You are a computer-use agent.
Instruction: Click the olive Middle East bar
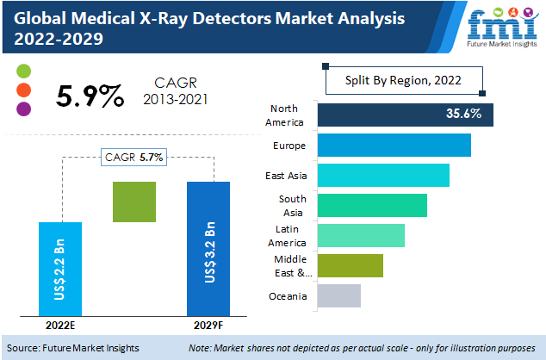click(350, 265)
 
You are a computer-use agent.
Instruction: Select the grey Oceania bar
click(338, 295)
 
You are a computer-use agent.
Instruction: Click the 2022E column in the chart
click(61, 269)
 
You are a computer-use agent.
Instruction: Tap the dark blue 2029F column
click(209, 249)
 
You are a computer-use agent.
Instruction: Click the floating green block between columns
click(134, 202)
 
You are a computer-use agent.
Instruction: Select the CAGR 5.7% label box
click(134, 157)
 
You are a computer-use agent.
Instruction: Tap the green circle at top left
click(23, 71)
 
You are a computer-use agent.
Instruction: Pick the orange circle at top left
click(23, 90)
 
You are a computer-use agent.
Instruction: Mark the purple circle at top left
click(23, 109)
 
